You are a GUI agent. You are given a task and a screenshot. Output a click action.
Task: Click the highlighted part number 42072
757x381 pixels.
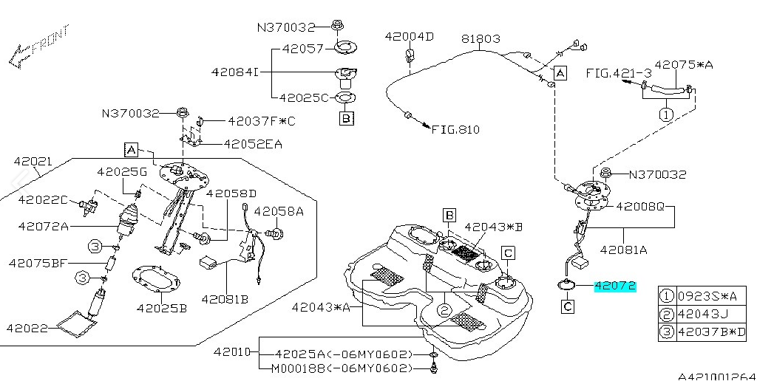pos(615,286)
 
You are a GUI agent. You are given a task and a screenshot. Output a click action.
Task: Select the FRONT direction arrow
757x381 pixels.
pos(38,47)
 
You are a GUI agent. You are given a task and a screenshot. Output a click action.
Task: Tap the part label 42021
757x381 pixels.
pos(33,162)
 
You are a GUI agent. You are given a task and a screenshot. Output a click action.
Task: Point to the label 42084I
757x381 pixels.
pos(235,72)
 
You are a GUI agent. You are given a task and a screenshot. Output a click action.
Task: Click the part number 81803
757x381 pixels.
pos(481,38)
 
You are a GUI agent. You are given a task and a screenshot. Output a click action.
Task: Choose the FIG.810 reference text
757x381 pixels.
pos(455,129)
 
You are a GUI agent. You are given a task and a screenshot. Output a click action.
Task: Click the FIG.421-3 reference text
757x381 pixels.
pos(619,73)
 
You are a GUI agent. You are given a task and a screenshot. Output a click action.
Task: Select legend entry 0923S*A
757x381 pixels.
pos(707,296)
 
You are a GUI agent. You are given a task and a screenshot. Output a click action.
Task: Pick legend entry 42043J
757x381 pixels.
pos(702,315)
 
